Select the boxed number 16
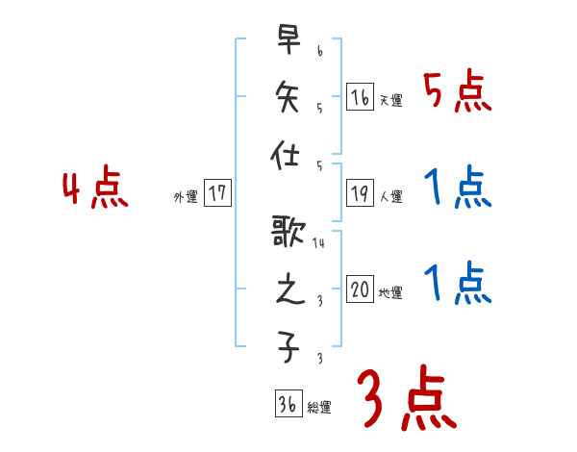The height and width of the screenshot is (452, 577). click(x=361, y=96)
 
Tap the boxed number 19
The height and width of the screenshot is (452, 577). click(x=361, y=192)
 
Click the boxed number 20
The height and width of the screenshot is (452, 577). click(x=361, y=289)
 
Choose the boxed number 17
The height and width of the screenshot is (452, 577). click(x=218, y=192)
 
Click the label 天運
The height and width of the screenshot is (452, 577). click(x=390, y=101)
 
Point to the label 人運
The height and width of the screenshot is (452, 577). click(x=390, y=197)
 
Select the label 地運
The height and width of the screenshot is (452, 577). click(x=390, y=293)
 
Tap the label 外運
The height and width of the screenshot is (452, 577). click(x=186, y=197)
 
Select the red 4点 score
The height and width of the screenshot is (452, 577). click(x=95, y=189)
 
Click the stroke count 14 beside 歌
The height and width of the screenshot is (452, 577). click(x=319, y=243)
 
